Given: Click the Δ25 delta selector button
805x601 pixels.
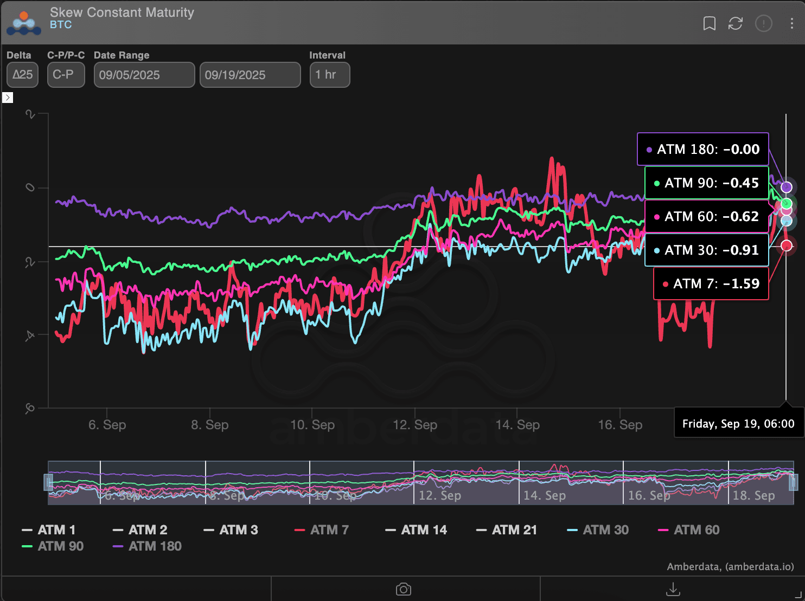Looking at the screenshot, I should [x=23, y=75].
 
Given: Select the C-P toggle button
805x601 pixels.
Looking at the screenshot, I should [x=66, y=75].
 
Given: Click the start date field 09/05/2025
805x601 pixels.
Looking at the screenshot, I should [x=144, y=75].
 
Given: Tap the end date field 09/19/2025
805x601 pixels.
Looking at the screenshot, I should [x=250, y=75].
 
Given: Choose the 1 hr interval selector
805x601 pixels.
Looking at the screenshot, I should [x=329, y=75].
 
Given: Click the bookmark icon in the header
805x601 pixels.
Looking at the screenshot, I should [x=709, y=23].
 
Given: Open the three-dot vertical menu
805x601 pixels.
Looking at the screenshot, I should [x=791, y=23].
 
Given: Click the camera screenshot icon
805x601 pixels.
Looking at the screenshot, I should [x=403, y=589].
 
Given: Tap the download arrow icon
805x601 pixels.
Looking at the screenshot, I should [x=673, y=589].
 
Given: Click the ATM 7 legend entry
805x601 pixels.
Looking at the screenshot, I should [x=322, y=530].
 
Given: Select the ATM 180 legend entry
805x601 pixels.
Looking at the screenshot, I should [x=148, y=546].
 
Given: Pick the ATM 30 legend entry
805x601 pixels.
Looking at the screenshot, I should [x=598, y=530].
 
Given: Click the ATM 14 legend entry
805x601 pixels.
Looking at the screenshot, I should [x=417, y=530].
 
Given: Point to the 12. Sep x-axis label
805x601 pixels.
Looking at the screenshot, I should [x=415, y=425].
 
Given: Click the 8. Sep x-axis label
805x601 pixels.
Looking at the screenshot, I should [x=210, y=425].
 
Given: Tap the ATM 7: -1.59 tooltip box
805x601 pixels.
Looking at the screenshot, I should [x=711, y=283].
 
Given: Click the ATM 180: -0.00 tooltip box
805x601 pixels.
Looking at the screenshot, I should [x=702, y=149].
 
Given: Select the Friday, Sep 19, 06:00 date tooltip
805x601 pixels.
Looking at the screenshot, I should [x=738, y=424].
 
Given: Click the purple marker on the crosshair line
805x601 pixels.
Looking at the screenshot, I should [x=786, y=188].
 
